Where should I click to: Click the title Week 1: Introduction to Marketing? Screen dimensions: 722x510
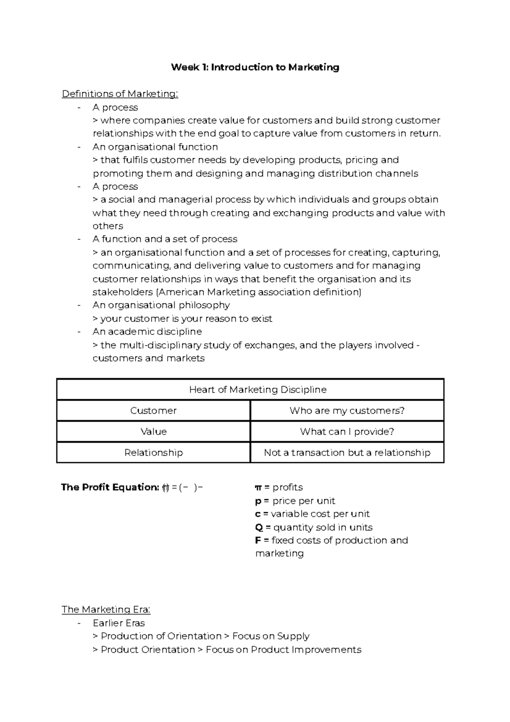point(255,67)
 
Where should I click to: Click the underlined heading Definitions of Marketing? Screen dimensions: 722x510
point(120,94)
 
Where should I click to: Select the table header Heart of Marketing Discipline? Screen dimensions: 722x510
point(258,389)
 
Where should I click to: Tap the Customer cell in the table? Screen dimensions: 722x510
point(153,410)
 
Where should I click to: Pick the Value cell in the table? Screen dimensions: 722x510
point(153,432)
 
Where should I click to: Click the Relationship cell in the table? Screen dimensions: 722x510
point(153,452)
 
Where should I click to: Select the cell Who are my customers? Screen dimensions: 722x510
point(347,410)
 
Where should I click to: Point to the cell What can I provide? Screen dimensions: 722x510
point(347,432)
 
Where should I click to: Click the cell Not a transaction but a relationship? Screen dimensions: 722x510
point(347,452)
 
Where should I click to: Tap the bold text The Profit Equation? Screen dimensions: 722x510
point(110,487)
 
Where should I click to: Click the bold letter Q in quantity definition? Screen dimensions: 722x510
point(259,527)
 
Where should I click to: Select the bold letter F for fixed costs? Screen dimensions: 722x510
point(258,540)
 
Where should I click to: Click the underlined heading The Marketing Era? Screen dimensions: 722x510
point(106,609)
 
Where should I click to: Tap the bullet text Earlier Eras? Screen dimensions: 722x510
point(119,623)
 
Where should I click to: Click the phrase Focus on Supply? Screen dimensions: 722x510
point(271,636)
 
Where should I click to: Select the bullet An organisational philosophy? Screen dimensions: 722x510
point(161,305)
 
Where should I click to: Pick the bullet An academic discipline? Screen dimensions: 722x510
point(147,332)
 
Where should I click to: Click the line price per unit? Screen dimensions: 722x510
point(303,501)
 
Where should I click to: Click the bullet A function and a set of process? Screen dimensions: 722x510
point(165,239)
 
